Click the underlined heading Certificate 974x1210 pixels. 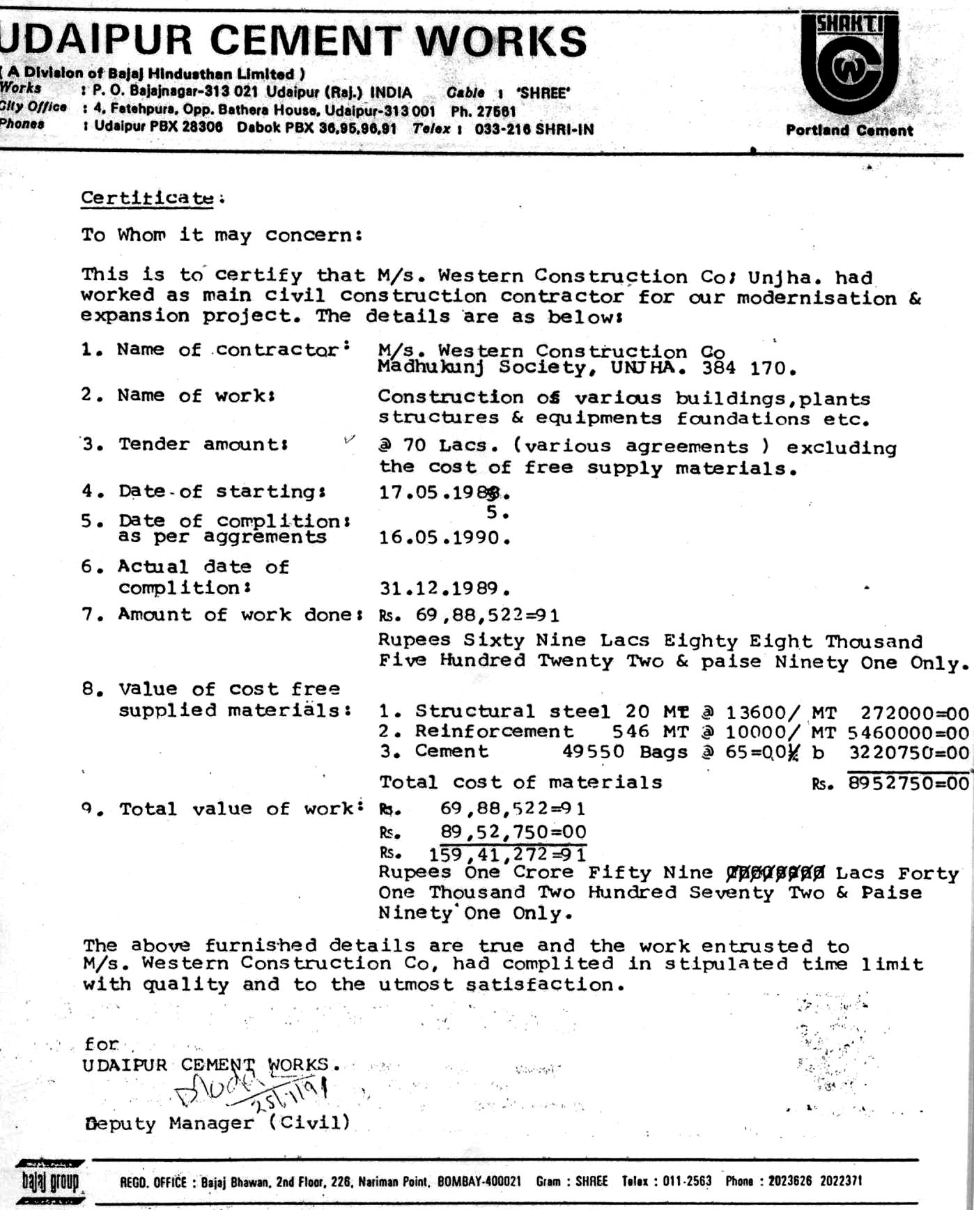[x=148, y=198]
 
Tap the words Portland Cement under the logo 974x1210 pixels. [x=849, y=130]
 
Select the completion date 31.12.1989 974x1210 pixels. [x=445, y=589]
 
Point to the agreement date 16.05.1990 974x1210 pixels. [x=445, y=538]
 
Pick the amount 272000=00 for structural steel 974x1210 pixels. [x=914, y=713]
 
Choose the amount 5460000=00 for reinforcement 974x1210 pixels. [x=908, y=733]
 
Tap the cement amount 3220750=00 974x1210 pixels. [x=909, y=753]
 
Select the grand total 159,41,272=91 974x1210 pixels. [x=507, y=854]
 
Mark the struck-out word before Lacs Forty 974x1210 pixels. [x=775, y=873]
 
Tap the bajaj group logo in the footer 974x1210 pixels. [x=50, y=1182]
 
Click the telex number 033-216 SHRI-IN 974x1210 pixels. [x=534, y=129]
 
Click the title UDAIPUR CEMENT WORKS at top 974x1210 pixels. [x=293, y=40]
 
